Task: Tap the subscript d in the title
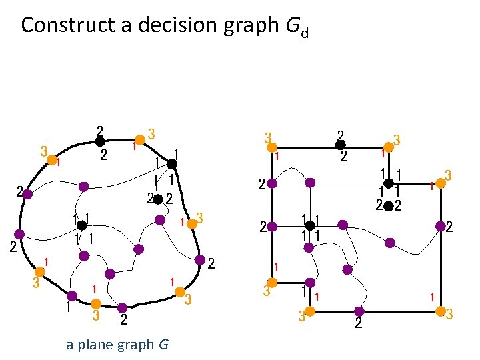[x=304, y=32]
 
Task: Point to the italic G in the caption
[x=163, y=345]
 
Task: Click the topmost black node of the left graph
[x=99, y=141]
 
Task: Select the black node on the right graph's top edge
[x=340, y=145]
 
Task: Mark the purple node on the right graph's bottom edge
[x=359, y=311]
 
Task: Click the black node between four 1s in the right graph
[x=310, y=226]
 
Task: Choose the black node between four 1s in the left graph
[x=81, y=226]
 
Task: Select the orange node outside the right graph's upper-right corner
[x=440, y=181]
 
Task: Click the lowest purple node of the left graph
[x=123, y=308]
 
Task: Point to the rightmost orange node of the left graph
[x=192, y=225]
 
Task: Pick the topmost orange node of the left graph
[x=140, y=140]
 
